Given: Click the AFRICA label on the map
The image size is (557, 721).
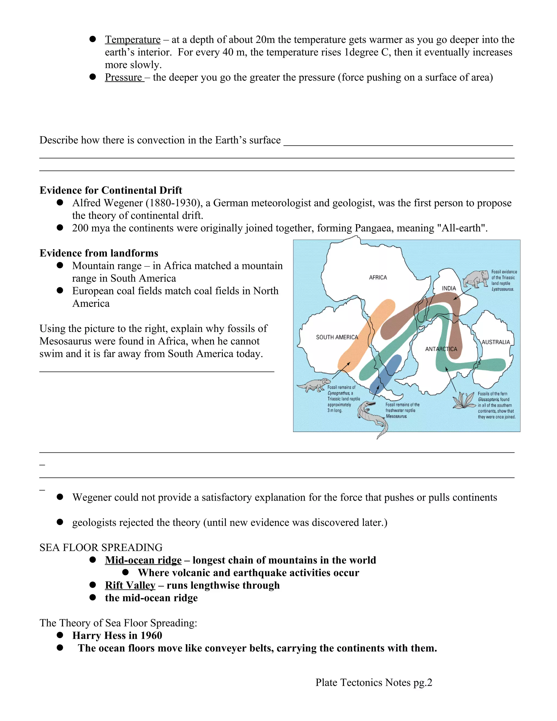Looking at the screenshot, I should click(378, 278).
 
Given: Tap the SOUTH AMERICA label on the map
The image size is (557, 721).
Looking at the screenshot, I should click(337, 337).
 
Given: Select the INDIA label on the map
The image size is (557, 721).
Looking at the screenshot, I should click(449, 288).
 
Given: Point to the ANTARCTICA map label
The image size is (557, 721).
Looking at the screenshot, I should click(441, 349).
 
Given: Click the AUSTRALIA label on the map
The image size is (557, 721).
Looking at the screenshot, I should click(496, 342).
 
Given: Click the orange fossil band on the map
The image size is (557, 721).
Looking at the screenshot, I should click(366, 335).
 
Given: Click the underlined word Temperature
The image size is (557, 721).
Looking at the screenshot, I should click(133, 40).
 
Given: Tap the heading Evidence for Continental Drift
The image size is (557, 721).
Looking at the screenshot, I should click(110, 190).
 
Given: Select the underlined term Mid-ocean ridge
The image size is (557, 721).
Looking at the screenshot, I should click(143, 560).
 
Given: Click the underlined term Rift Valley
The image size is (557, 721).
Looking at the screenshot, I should click(130, 585).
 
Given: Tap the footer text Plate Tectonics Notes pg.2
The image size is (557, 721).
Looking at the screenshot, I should click(373, 682).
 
